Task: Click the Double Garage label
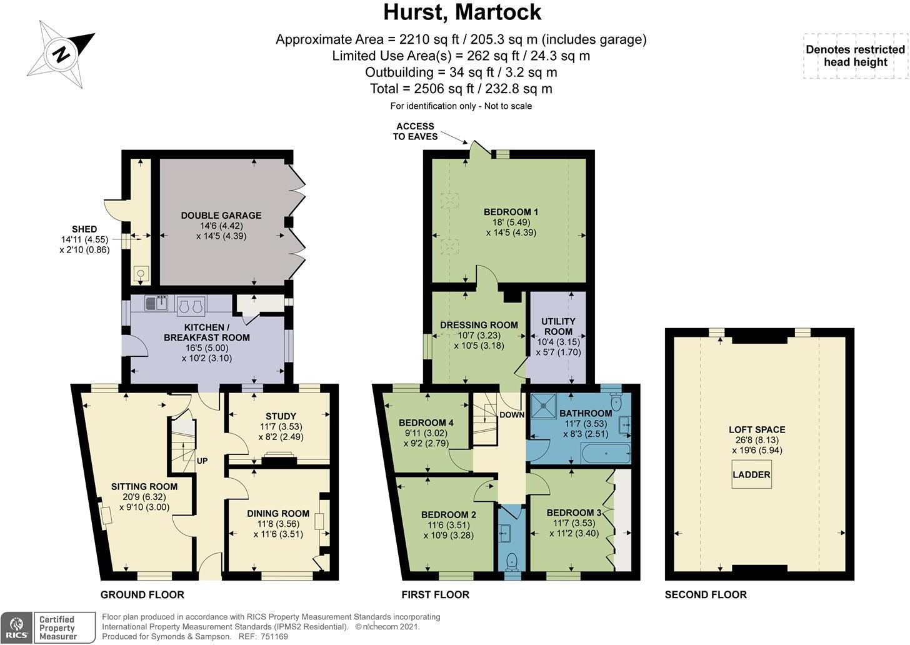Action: pos(221,215)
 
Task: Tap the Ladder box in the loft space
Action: pos(751,474)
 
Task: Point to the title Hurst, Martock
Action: pos(462,12)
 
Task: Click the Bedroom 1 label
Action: pos(511,212)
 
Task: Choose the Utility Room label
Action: pos(558,326)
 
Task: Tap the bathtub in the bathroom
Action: pos(606,453)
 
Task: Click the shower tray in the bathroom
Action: pos(543,404)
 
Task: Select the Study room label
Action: pos(281,416)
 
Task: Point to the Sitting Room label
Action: pos(144,486)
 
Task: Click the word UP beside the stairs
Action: pos(202,461)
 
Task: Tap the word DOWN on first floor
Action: pos(512,415)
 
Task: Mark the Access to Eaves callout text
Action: pos(415,131)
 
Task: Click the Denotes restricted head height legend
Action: pos(856,56)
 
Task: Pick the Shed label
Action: pos(84,229)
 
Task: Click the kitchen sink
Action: pos(156,302)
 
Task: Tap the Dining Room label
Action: pos(278,513)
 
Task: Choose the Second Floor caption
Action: pos(706,594)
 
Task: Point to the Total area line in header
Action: pos(461,89)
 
